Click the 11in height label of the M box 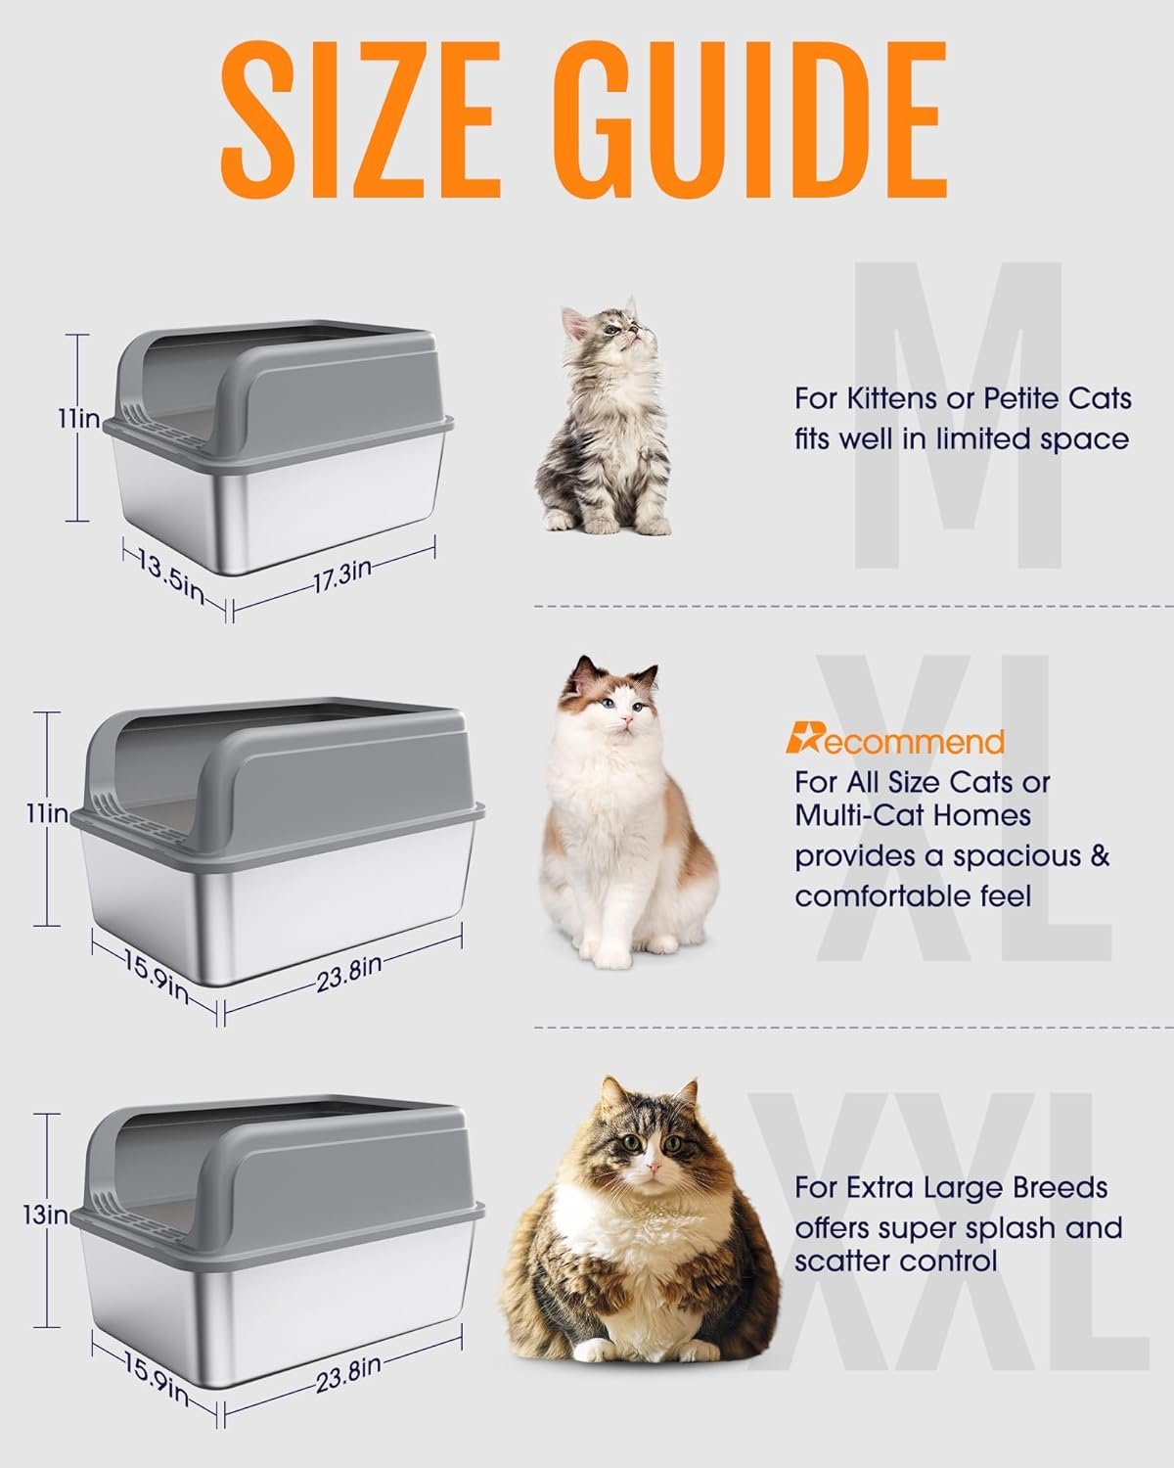pos(79,419)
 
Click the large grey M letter pos(958,415)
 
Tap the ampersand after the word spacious pos(1099,855)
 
